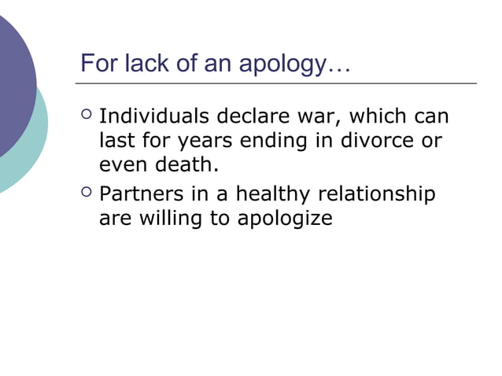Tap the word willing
(x=171, y=217)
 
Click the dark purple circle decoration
(x=12, y=79)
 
